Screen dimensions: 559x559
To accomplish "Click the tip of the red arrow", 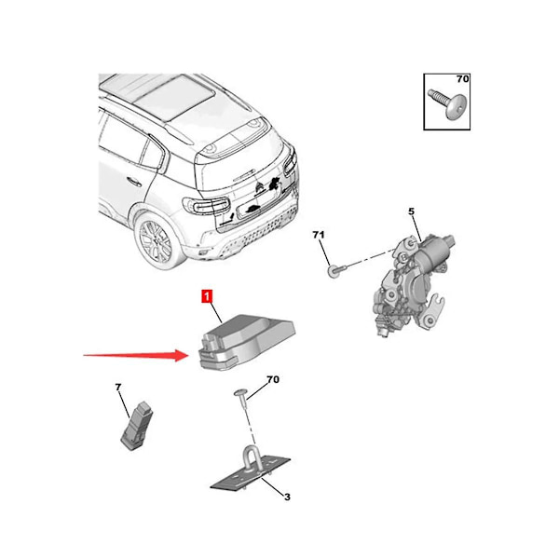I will [187, 354].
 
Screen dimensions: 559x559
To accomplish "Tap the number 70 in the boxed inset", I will [463, 80].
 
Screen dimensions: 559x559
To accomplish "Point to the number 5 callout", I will [411, 213].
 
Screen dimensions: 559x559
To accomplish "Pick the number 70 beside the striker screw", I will [273, 379].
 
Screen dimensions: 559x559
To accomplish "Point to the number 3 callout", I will [287, 498].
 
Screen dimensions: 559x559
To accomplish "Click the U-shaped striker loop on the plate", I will [252, 462].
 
